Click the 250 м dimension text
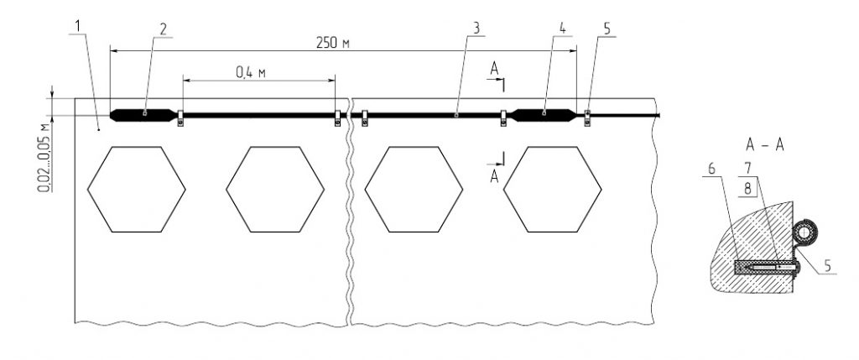333,44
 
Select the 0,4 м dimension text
251,73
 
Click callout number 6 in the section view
711,170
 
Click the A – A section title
764,145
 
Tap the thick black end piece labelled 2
143,114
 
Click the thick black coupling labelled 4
544,114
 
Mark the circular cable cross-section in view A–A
804,232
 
